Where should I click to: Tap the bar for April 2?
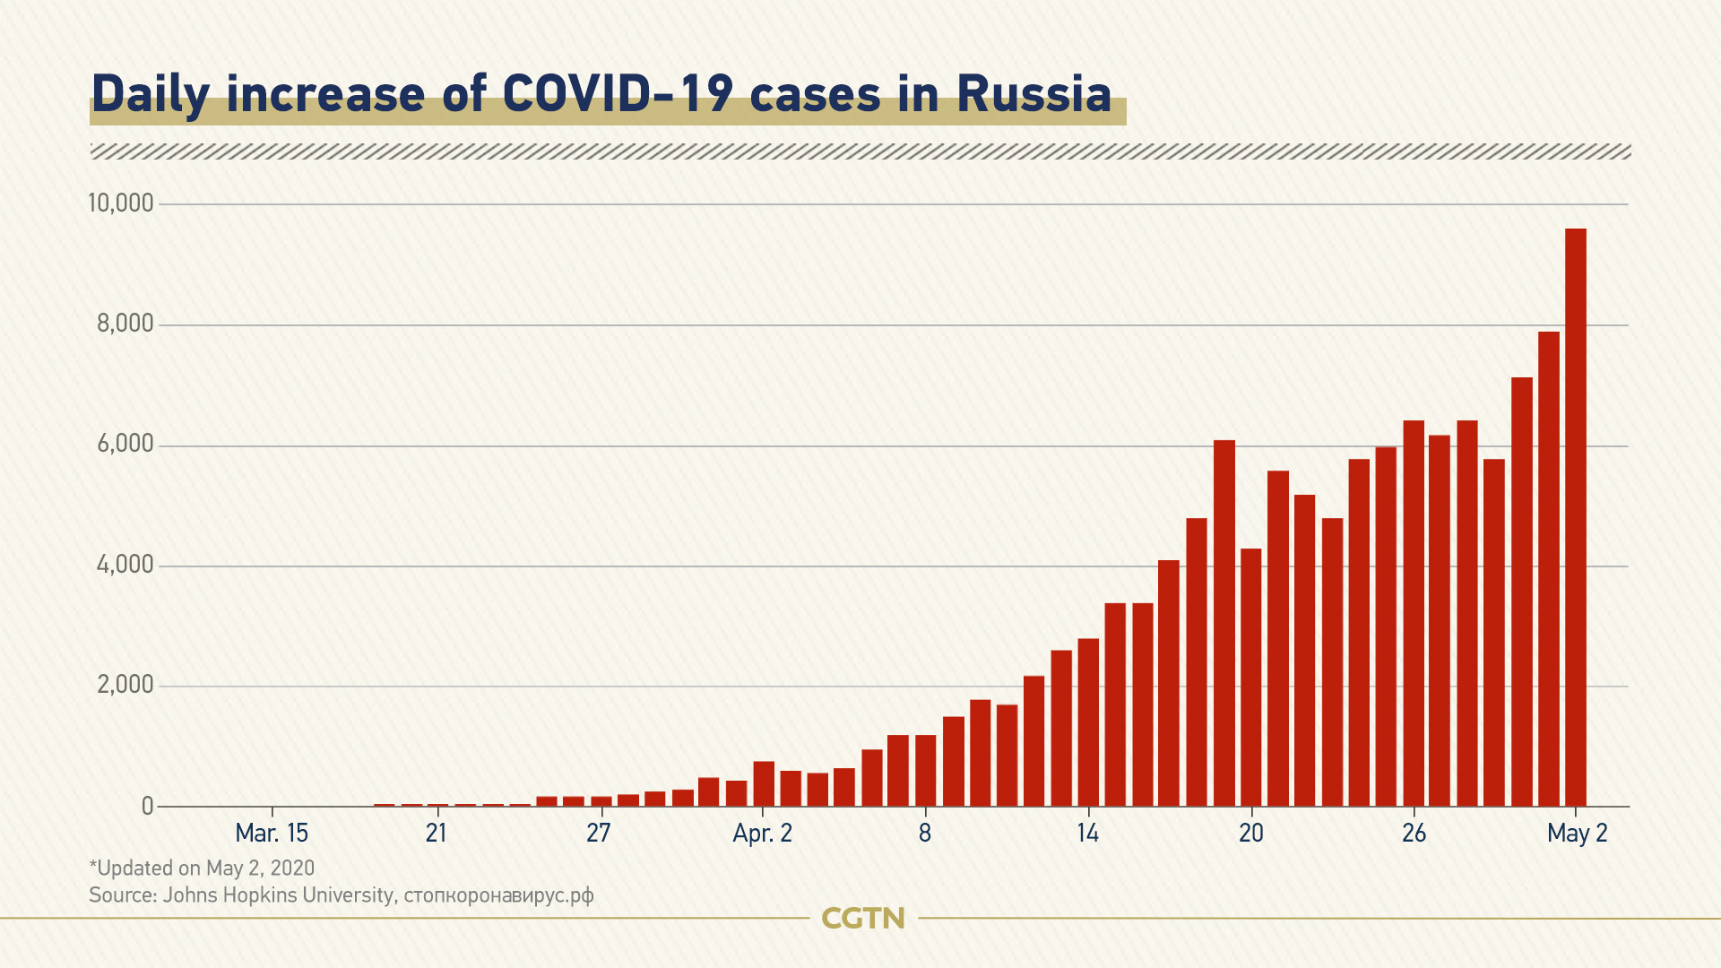pos(763,784)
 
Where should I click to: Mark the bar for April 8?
pos(925,771)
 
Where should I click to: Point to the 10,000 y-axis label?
pos(121,203)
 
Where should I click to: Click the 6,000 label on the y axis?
pos(125,445)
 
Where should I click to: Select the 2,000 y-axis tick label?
pos(125,686)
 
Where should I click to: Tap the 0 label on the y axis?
pos(148,807)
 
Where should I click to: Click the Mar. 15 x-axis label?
pos(272,834)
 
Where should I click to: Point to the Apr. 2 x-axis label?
pos(763,834)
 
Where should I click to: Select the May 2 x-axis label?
pos(1577,834)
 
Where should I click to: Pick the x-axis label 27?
pos(599,834)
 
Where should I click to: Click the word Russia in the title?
pos(1033,94)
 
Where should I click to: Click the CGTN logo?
pos(863,918)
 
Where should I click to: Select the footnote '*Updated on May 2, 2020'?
pos(202,868)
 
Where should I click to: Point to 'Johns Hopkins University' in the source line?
pos(278,895)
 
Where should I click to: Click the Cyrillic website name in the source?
pos(498,895)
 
